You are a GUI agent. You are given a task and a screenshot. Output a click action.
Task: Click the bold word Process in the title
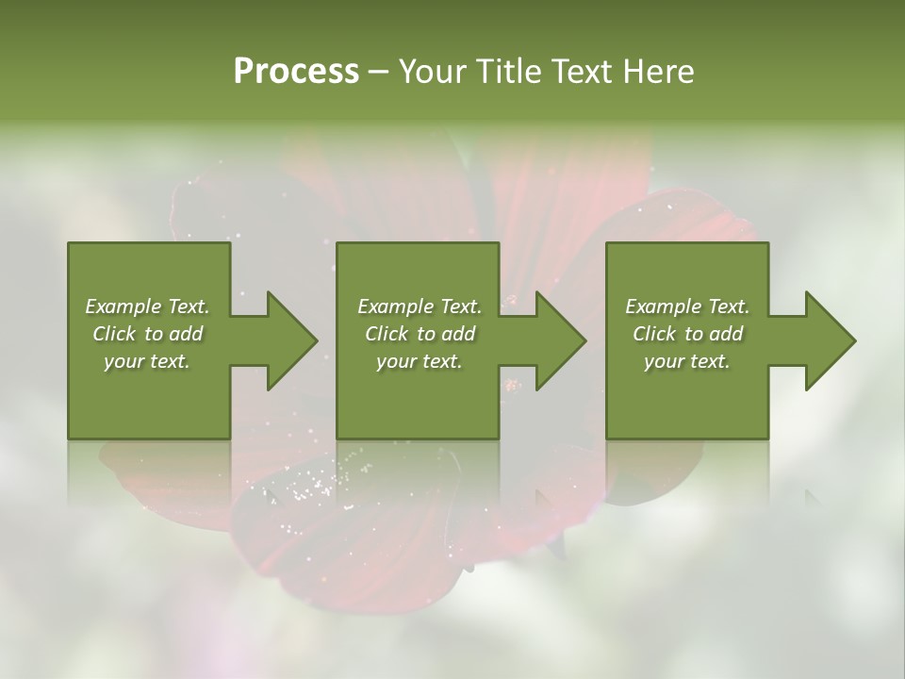[296, 72]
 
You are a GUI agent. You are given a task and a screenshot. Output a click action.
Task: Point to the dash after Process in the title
[379, 73]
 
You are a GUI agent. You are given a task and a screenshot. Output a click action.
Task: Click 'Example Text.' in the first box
[147, 306]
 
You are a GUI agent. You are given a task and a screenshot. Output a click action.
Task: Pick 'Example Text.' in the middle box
[419, 306]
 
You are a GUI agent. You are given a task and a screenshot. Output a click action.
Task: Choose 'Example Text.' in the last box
[687, 306]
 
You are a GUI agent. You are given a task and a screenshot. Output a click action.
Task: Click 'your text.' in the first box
[147, 361]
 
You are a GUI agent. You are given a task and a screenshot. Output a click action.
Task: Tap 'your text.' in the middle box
[419, 361]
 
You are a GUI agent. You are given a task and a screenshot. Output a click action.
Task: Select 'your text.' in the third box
[687, 361]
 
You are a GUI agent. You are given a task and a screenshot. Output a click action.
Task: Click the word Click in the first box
[114, 334]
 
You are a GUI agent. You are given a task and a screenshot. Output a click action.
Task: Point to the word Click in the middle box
[387, 334]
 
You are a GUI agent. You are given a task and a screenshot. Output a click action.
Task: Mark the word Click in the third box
[654, 334]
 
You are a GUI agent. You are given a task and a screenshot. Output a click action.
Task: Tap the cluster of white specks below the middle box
[311, 487]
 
